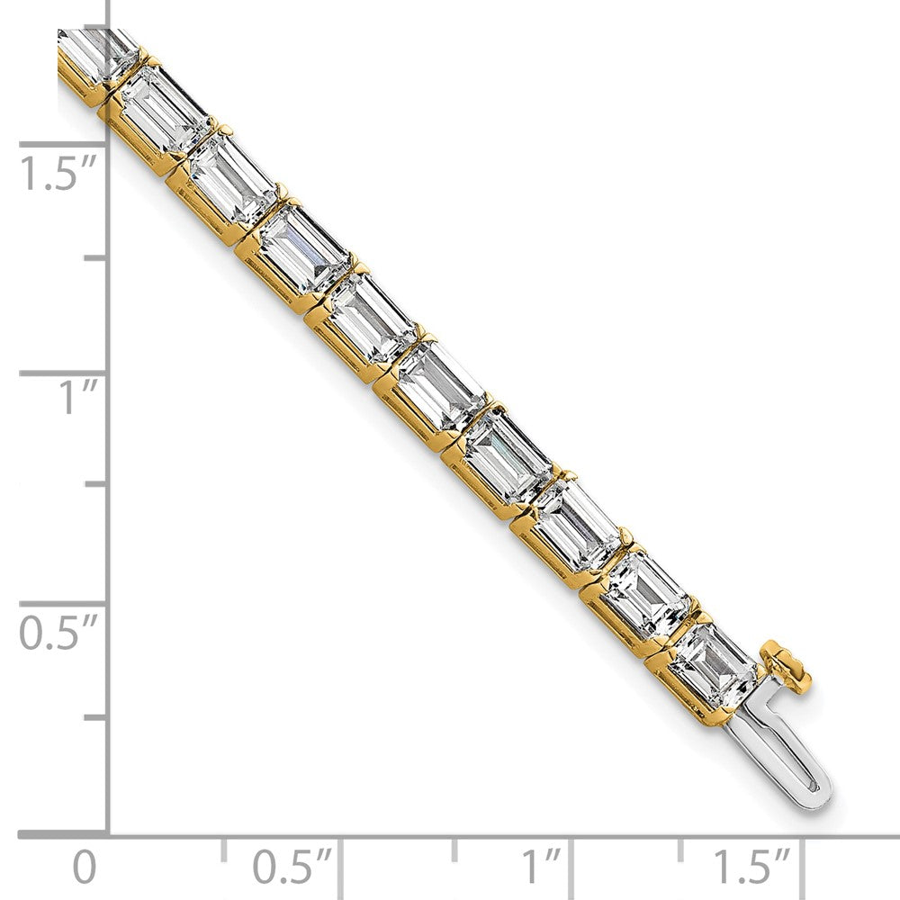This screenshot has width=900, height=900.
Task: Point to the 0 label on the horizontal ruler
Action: pos(84,868)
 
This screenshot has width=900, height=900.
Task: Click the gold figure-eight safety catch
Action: pos(787,665)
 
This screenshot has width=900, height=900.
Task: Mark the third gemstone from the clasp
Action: pos(578,526)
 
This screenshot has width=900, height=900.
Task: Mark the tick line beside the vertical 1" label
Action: pos(63,373)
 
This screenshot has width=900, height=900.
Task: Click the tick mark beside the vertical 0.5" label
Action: pos(63,603)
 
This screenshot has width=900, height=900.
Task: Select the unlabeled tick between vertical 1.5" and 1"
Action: pos(94,258)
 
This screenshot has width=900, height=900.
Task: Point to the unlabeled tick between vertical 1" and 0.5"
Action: pos(94,486)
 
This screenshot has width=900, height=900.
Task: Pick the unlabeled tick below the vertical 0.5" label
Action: pos(94,717)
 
